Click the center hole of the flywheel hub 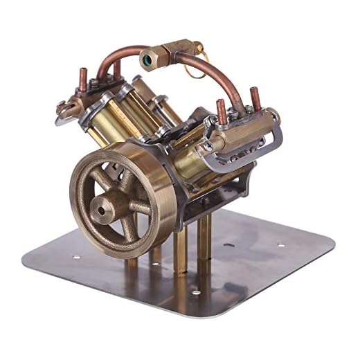(105, 206)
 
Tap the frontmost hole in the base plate (195, 293)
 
